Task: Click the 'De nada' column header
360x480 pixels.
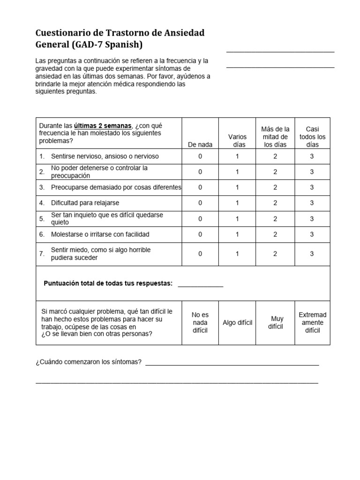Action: (x=200, y=145)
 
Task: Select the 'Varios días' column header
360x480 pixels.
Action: (x=237, y=141)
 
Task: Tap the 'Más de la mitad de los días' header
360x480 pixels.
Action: (x=275, y=137)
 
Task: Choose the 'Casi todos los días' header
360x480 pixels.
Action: (x=312, y=137)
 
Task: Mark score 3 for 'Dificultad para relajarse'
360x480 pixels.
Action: (x=312, y=203)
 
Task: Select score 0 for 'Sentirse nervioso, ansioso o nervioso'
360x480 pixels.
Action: (x=200, y=157)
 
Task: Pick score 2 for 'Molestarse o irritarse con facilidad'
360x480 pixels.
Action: (x=275, y=234)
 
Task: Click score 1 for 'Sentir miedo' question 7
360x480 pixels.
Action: (x=237, y=254)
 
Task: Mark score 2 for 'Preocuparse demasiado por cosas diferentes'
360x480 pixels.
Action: (x=275, y=187)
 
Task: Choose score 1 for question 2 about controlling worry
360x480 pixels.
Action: (x=237, y=172)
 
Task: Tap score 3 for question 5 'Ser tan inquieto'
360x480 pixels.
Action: (x=312, y=219)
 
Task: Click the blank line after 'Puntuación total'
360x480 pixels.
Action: (x=201, y=284)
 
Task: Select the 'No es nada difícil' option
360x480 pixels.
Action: (x=200, y=322)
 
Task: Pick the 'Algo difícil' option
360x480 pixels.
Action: (x=237, y=323)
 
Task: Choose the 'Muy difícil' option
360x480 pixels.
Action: (x=275, y=323)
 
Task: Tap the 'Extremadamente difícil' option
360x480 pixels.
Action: (x=312, y=322)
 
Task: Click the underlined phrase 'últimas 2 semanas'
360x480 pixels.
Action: (x=103, y=126)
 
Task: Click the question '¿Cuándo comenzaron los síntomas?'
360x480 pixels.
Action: (x=89, y=362)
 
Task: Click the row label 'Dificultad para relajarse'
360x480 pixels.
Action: (x=85, y=203)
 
